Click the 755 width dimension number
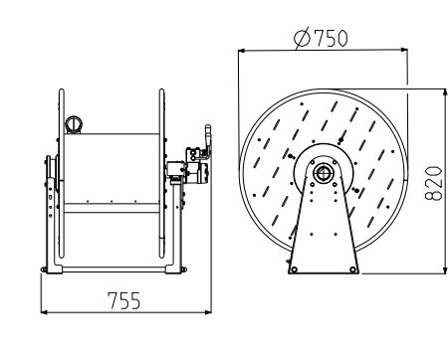124,300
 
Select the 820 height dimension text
434,184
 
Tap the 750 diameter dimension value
331,38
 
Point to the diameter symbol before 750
303,38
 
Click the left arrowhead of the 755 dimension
44,312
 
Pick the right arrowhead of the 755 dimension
208,312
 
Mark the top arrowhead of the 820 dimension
445,92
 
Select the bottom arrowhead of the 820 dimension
445,270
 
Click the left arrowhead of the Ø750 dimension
242,51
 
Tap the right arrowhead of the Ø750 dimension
403,50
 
